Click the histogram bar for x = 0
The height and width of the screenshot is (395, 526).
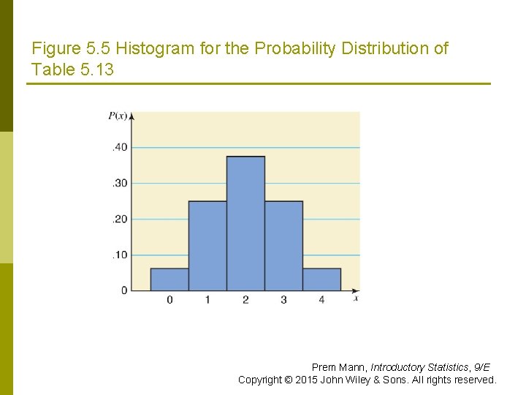point(169,279)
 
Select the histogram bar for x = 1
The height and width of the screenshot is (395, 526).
point(207,246)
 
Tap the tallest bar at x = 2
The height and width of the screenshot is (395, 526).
point(245,224)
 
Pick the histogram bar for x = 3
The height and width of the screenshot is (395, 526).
point(283,246)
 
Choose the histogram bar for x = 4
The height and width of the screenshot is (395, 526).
point(321,279)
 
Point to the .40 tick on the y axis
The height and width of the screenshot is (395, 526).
point(119,147)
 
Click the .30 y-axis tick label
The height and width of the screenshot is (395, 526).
point(119,183)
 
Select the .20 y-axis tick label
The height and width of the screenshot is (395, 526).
point(119,219)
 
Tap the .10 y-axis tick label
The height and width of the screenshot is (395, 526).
point(119,255)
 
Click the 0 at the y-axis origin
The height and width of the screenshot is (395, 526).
point(124,290)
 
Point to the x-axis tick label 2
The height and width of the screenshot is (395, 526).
point(245,300)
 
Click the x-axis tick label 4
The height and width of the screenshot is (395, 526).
point(321,300)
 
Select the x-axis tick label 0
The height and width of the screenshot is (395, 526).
point(169,300)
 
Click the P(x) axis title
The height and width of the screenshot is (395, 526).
point(117,116)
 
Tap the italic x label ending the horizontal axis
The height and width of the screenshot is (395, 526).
point(356,298)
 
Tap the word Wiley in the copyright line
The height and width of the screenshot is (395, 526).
point(367,380)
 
